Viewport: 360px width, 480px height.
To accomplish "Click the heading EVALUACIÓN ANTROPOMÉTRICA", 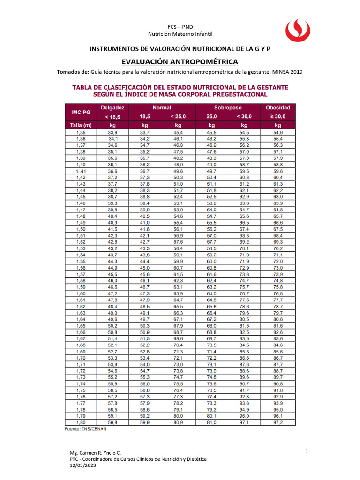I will pos(180,62).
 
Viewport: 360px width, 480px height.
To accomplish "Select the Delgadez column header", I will pos(112,107).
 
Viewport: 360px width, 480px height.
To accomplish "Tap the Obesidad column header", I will pos(278,107).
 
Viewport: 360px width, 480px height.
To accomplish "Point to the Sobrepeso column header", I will pos(228,107).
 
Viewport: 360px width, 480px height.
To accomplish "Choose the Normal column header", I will pos(162,107).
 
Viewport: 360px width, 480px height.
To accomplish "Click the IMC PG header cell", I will pos(80,112).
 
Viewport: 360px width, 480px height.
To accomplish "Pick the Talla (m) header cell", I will pos(80,125).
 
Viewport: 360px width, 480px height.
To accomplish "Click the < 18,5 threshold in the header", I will pos(112,116).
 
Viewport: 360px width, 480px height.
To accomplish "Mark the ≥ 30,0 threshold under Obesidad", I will pos(278,116).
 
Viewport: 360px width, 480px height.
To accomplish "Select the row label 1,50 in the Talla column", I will pos(81,229).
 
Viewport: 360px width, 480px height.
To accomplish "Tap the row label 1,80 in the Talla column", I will pos(81,422).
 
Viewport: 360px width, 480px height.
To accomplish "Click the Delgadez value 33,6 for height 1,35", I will pos(112,133).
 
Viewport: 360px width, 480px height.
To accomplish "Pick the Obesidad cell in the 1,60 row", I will pos(278,293).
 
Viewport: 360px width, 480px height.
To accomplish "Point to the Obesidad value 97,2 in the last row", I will pos(278,422).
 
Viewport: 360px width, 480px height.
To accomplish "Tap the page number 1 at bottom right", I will pos(306,451).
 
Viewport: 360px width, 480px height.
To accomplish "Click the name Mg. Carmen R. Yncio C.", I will pos(95,453).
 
